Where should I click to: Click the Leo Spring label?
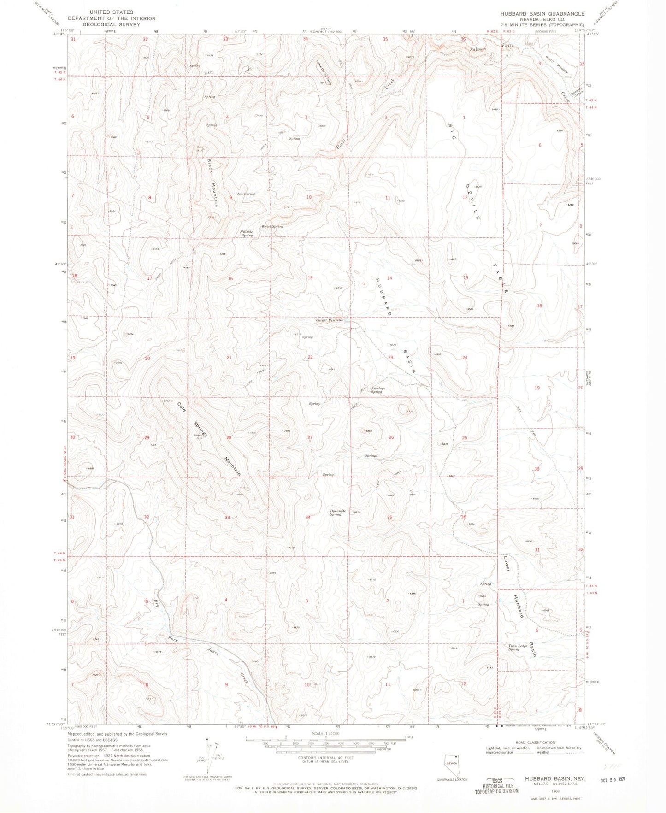246,194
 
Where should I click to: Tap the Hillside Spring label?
247,234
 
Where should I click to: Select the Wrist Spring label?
272,227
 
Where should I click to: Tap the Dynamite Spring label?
337,513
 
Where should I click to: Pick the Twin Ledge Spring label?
518,648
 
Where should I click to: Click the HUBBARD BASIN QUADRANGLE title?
542,14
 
